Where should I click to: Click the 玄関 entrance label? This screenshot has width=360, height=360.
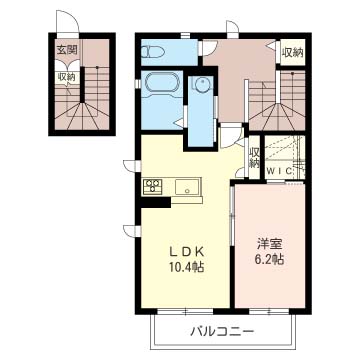(x=67, y=49)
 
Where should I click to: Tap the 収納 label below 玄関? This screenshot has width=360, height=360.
(x=66, y=75)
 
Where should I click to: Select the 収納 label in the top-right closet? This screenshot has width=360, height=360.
(x=292, y=52)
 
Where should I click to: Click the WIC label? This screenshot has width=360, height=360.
(x=278, y=172)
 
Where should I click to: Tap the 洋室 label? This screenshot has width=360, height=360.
(x=268, y=243)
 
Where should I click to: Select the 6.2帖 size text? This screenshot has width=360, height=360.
(x=268, y=260)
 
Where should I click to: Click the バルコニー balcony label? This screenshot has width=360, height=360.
(x=221, y=331)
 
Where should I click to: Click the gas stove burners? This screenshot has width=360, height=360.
(x=153, y=186)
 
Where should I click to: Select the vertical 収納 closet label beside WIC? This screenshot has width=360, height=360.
(x=255, y=158)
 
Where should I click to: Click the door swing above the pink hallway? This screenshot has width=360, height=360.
(x=231, y=29)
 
